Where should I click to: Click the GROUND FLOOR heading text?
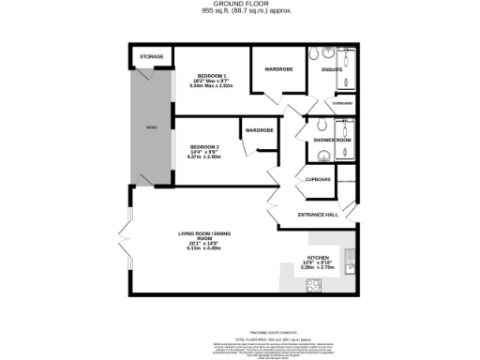tap(239, 5)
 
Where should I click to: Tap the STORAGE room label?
tap(152, 57)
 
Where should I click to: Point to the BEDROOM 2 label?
tap(205, 147)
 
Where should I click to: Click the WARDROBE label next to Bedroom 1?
tap(279, 68)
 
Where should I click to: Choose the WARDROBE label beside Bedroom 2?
tap(259, 129)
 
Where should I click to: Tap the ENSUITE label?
tap(332, 69)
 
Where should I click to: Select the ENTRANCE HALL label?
tap(318, 216)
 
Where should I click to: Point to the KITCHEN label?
tap(316, 258)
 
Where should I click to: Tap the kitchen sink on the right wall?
tap(350, 259)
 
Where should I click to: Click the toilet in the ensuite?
tap(324, 52)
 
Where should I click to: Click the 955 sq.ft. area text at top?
tap(239, 12)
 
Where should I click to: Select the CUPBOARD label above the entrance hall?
tap(318, 178)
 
